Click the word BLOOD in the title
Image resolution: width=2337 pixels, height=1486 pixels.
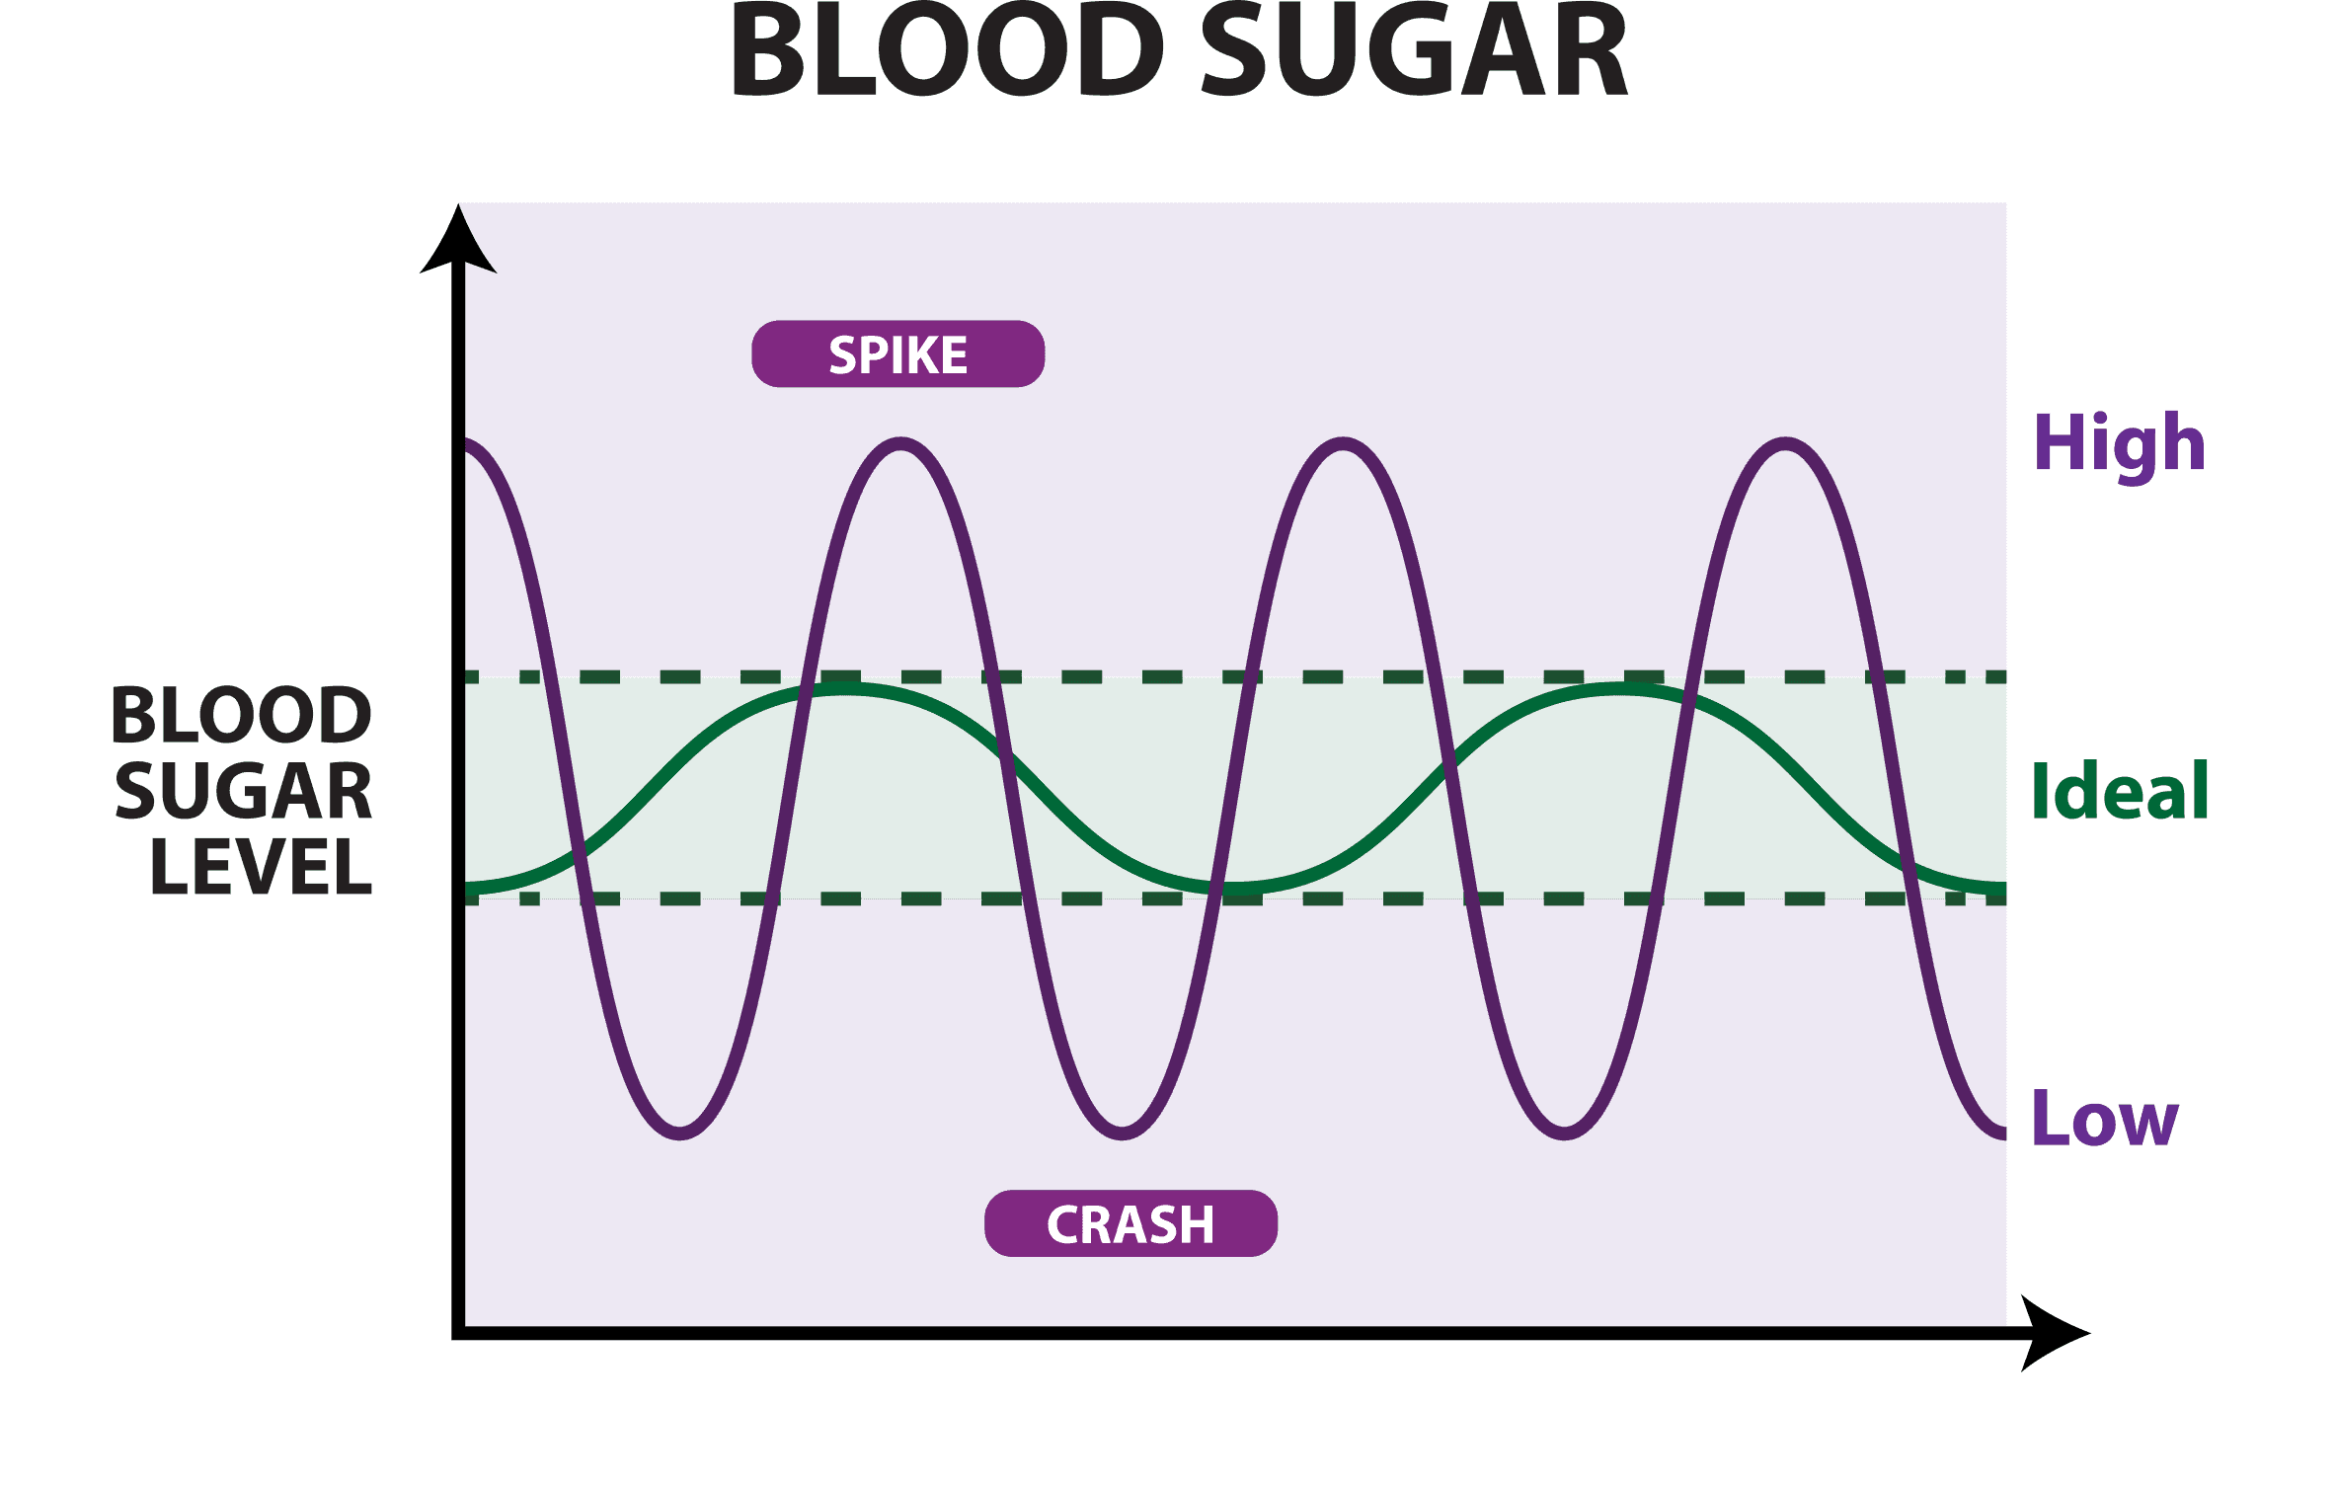(946, 51)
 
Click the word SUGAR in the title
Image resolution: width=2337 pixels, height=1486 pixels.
(1413, 51)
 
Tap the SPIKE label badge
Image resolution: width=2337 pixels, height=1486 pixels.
(897, 354)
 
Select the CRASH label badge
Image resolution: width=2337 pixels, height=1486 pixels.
(1130, 1224)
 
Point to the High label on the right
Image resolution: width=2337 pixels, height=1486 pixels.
(2119, 444)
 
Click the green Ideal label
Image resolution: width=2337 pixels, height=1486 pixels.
(2119, 791)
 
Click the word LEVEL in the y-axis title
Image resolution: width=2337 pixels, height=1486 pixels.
(262, 867)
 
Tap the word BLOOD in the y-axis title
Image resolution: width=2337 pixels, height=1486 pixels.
(241, 715)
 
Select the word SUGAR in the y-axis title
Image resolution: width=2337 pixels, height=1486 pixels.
(244, 791)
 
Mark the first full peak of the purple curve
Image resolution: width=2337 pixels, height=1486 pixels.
(901, 444)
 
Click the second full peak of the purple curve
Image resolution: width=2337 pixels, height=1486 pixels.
(1344, 444)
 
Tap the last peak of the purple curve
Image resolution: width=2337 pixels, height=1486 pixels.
(1786, 444)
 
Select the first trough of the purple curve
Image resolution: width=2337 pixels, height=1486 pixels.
(679, 1132)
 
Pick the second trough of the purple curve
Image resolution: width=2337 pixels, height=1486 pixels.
(1122, 1132)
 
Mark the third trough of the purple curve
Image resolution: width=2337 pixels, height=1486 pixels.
(1564, 1132)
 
